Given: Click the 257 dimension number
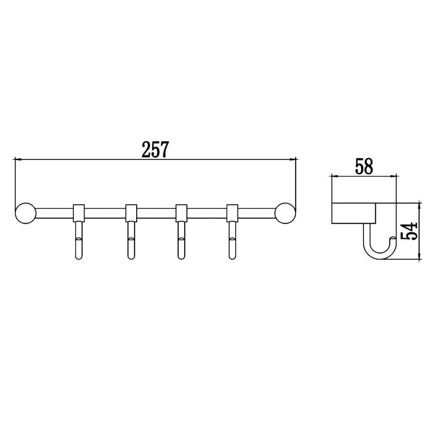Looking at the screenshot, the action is [x=155, y=150].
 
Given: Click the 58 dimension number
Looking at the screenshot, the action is [x=364, y=166].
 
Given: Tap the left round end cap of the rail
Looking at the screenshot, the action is [x=26, y=213].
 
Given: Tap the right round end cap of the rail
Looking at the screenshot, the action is [x=285, y=213].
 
